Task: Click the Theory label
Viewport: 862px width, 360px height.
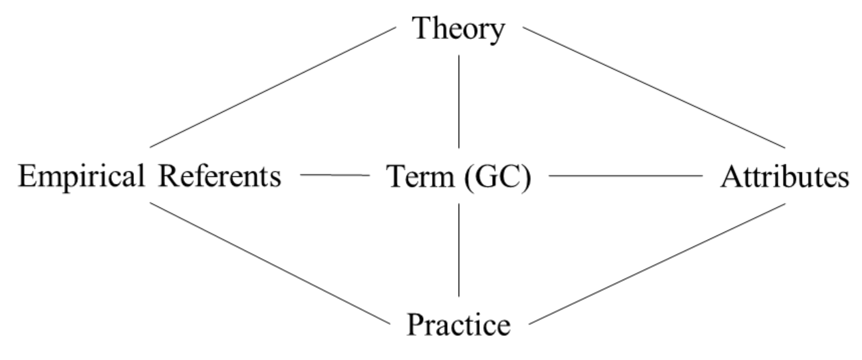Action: [x=458, y=29]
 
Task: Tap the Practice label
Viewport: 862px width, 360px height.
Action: [x=459, y=325]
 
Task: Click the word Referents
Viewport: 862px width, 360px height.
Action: [x=219, y=176]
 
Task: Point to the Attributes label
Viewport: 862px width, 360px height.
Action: [x=784, y=177]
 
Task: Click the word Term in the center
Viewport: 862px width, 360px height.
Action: [x=420, y=177]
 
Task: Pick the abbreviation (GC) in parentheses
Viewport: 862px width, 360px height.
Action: [x=498, y=177]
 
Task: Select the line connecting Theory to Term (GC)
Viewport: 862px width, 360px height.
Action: [x=459, y=101]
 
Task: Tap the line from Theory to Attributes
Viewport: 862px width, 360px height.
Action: [x=654, y=87]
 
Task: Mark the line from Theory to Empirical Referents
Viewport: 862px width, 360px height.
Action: [x=273, y=87]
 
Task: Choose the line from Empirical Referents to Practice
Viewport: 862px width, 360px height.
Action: [x=270, y=263]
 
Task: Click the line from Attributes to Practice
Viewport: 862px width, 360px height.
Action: [x=657, y=264]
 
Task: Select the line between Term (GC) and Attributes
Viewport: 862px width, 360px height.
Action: [x=625, y=176]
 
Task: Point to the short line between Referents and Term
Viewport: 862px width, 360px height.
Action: [x=335, y=175]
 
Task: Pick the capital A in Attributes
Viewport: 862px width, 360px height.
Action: [x=731, y=177]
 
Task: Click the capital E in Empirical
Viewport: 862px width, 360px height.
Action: [x=29, y=176]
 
